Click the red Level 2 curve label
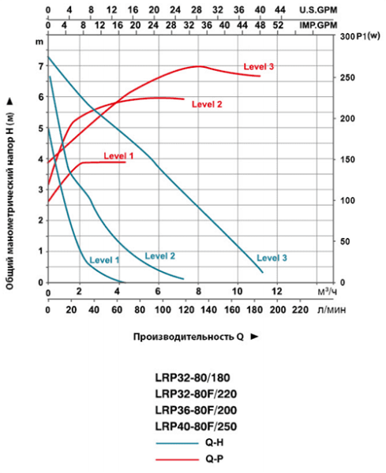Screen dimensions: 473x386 click(207, 104)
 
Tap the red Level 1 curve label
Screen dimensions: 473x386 click(120, 156)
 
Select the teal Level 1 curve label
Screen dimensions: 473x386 click(104, 259)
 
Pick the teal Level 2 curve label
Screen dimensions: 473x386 click(159, 255)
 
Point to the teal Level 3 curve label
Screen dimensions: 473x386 click(272, 258)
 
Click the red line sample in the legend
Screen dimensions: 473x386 click(172, 458)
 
